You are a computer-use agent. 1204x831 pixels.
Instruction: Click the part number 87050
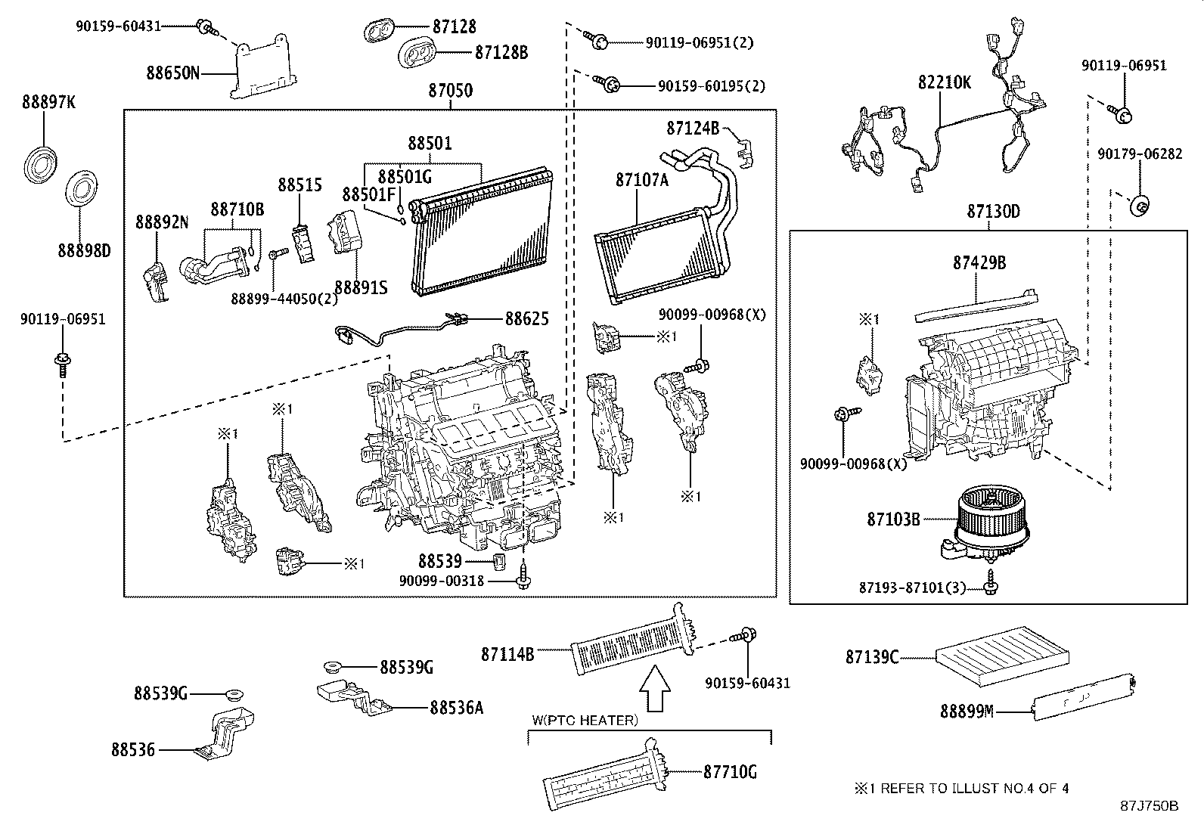450,91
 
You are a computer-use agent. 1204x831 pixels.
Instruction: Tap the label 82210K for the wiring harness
945,82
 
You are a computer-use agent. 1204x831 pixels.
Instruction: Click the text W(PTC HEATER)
585,721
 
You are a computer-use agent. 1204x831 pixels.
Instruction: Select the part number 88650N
173,73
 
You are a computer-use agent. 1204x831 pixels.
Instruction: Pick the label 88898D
84,250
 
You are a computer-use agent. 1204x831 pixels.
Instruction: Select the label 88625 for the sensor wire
526,319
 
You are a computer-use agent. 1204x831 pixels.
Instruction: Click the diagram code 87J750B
1149,806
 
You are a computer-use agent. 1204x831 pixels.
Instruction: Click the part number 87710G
730,772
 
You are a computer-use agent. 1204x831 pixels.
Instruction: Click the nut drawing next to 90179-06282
1140,204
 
